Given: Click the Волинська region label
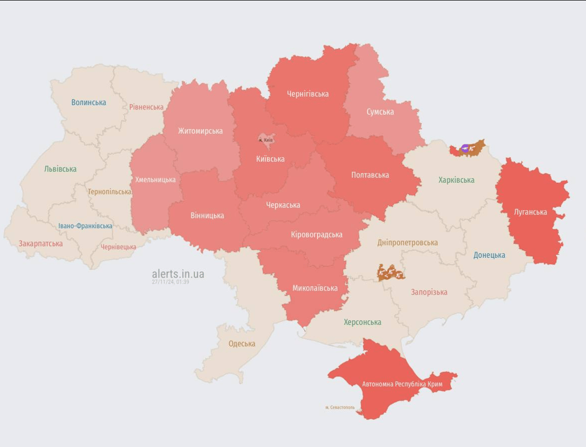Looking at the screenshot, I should tap(89, 102).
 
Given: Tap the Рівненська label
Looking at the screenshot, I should tap(146, 107).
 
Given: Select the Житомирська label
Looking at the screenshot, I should tap(200, 131).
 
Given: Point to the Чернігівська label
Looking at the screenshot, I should tap(308, 94).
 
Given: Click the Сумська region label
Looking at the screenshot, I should tap(380, 112).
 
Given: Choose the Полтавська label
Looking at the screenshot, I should tap(370, 175).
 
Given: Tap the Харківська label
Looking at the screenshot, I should tap(456, 180).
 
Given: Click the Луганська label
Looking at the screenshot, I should tap(530, 212).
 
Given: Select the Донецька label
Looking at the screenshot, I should tap(489, 255).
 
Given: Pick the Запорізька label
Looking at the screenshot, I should tap(429, 292).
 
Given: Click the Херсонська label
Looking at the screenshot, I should tap(362, 322).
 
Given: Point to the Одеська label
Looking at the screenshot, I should tap(242, 343).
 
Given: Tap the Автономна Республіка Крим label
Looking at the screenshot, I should tap(402, 384).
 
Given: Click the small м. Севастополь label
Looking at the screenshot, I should tap(340, 407).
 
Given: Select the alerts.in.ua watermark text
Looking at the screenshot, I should tap(178, 274).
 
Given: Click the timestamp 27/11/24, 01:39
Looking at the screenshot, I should tap(170, 282).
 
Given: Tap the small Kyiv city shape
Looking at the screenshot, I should tap(266, 140).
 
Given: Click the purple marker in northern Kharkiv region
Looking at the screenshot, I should tap(465, 148).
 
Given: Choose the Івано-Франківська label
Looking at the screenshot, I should tap(85, 226).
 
